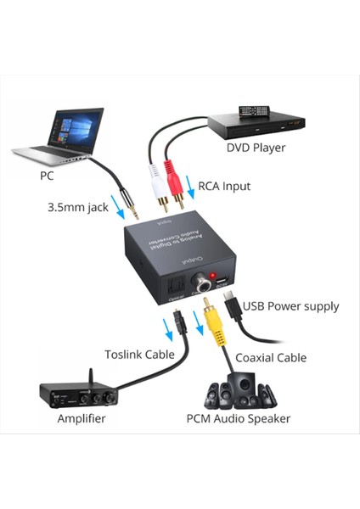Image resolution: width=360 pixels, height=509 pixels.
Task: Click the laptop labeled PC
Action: point(59,136)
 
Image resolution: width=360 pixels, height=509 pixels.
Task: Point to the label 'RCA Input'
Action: point(224,186)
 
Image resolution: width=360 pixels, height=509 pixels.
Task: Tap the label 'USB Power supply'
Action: point(291,305)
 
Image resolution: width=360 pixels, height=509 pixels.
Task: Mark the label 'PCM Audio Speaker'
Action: point(239,418)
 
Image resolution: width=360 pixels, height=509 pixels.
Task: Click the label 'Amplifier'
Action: point(82,419)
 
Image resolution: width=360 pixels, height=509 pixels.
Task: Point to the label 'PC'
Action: point(48,176)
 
